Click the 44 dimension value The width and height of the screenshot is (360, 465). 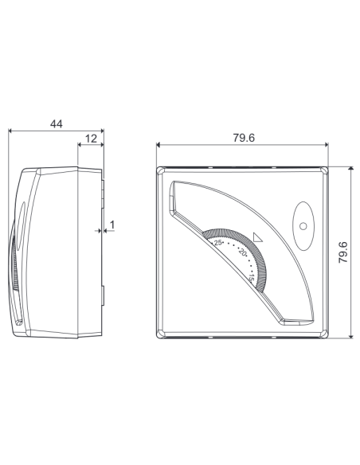(x=57, y=124)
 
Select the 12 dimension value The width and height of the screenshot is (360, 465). (x=91, y=139)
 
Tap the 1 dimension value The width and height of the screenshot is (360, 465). (x=112, y=225)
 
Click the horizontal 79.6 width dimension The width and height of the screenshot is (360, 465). (x=244, y=138)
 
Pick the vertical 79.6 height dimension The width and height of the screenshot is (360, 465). (x=343, y=252)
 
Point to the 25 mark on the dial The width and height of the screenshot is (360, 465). (x=218, y=243)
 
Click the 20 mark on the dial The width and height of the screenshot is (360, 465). (x=242, y=253)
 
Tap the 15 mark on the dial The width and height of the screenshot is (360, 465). (x=252, y=278)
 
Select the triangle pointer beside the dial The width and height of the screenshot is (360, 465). (x=258, y=238)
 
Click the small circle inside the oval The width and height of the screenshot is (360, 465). (x=303, y=226)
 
